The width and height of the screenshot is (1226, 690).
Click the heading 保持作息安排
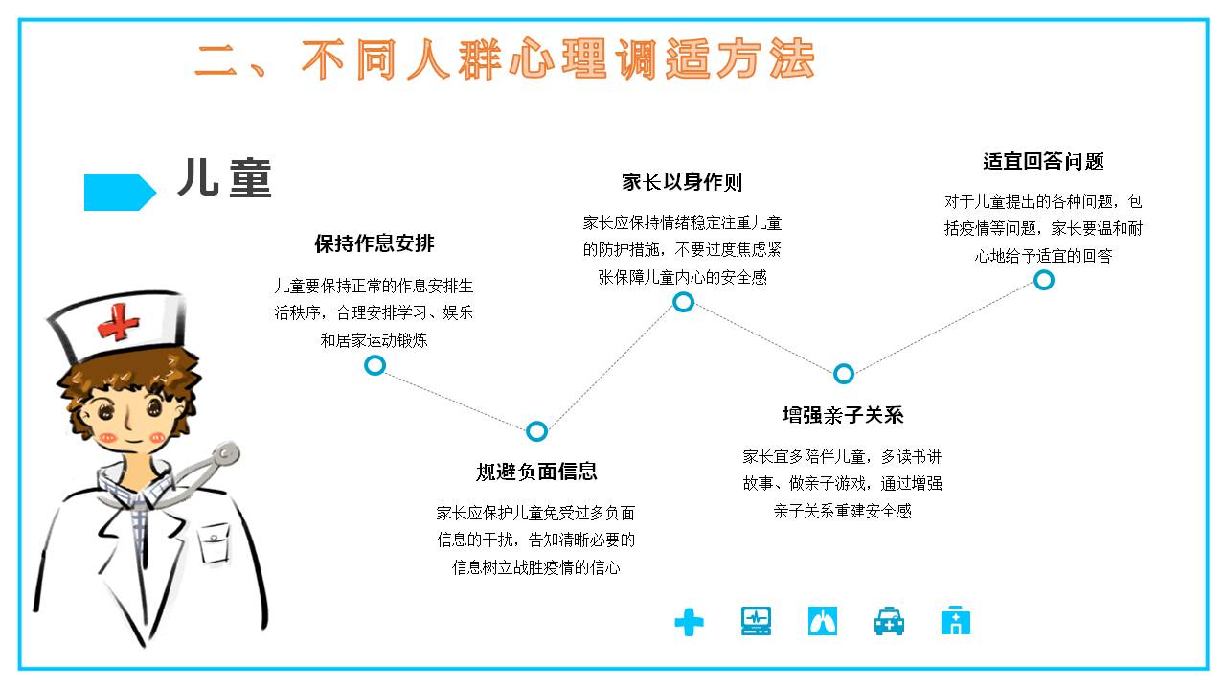[x=375, y=243]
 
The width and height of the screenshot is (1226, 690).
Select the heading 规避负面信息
[x=536, y=471]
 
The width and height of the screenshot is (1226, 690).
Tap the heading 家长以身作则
[x=682, y=182]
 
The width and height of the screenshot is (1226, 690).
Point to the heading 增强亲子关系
[x=843, y=415]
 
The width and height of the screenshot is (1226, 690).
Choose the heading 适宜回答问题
[x=1043, y=162]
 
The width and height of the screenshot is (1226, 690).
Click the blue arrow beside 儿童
[x=120, y=193]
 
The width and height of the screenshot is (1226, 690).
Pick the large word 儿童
[x=224, y=177]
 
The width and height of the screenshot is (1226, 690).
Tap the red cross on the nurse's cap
[x=118, y=322]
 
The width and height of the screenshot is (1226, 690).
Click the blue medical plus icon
[x=689, y=622]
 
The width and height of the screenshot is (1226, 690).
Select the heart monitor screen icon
[x=756, y=621]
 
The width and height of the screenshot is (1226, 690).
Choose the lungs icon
[x=822, y=621]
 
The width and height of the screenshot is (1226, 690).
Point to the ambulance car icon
[x=889, y=621]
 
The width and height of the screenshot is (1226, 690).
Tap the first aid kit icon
[x=956, y=620]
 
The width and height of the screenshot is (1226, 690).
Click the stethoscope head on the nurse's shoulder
[x=224, y=454]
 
